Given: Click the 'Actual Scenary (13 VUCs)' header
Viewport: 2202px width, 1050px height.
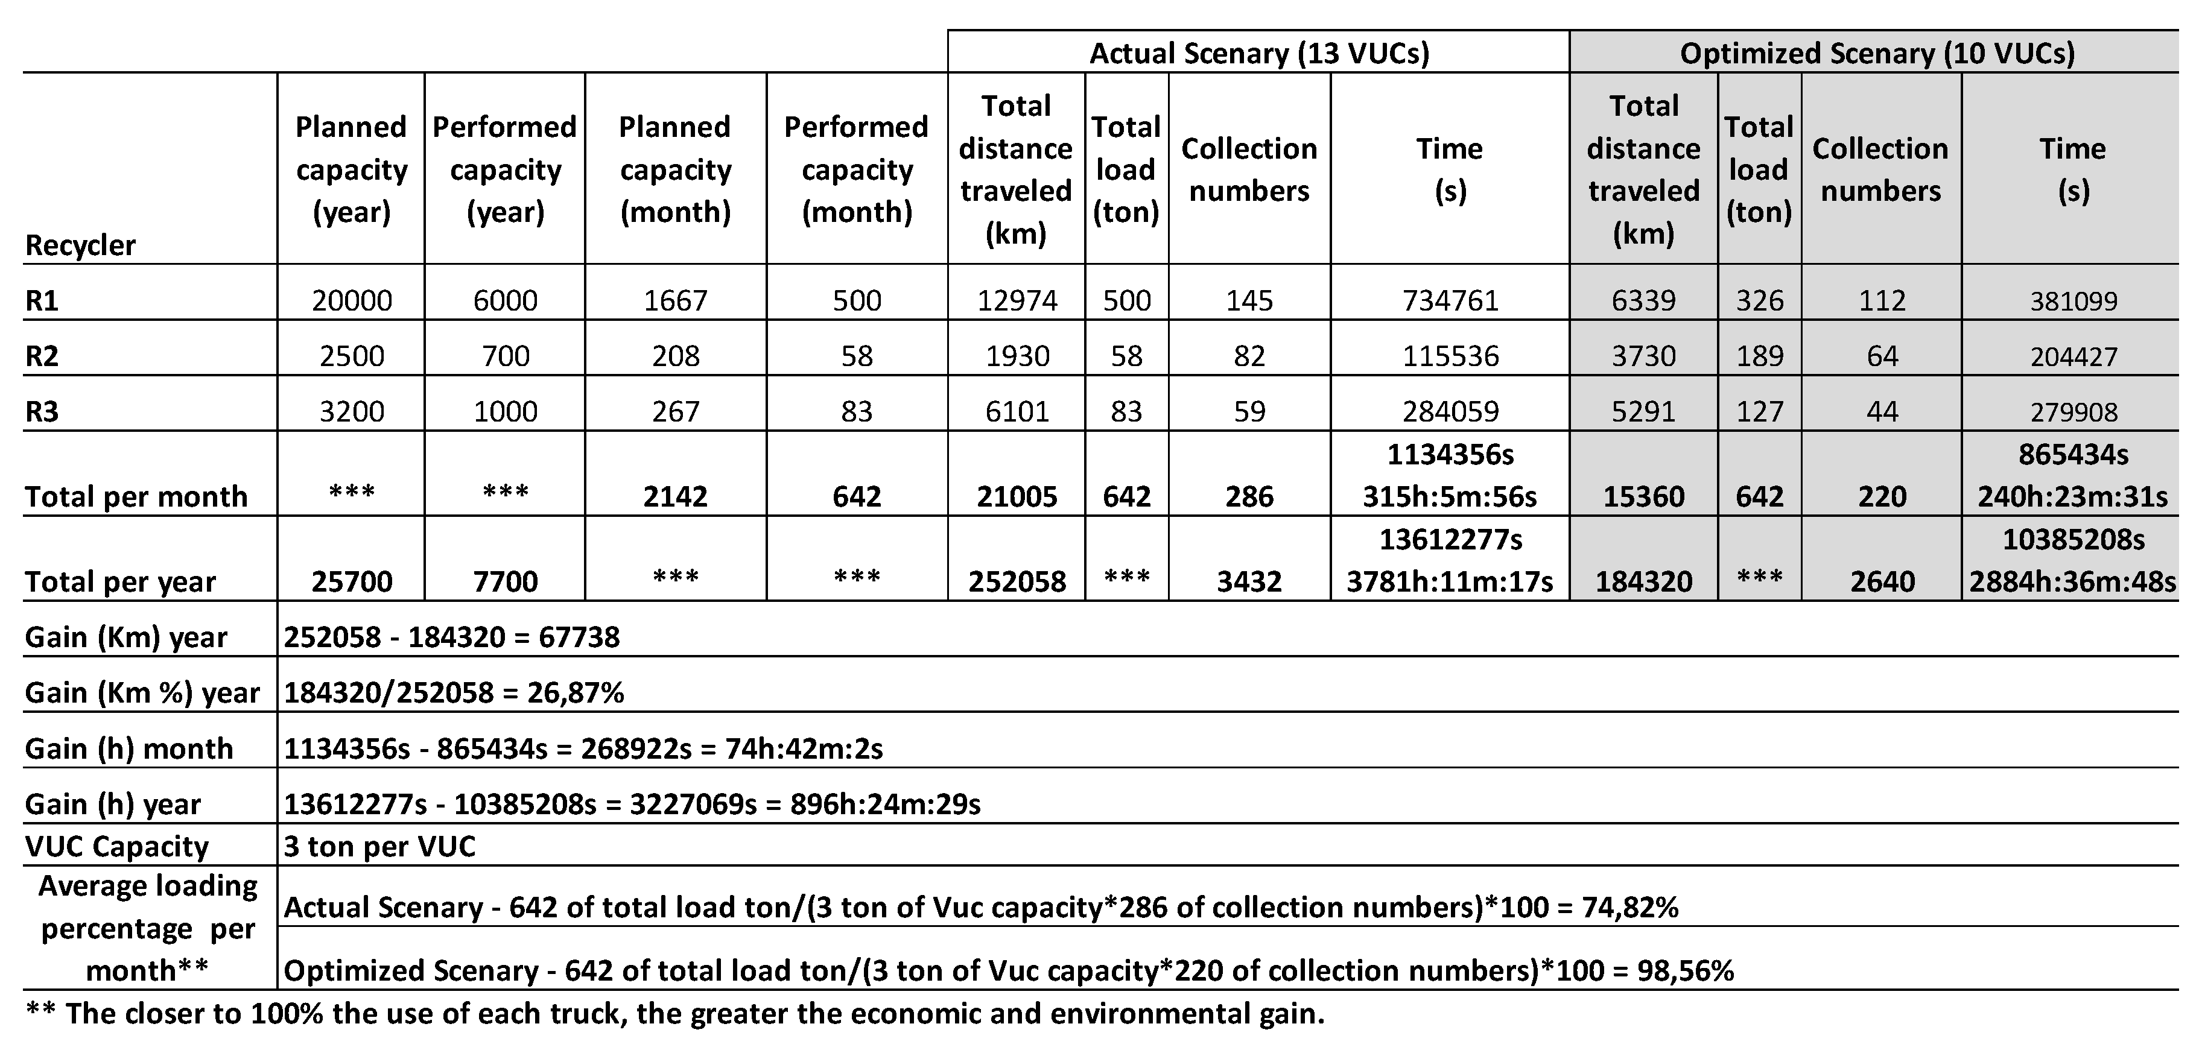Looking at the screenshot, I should point(1258,53).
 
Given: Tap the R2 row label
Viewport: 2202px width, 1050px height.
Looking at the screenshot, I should point(42,355).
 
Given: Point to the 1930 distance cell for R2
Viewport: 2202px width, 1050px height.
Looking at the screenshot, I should point(1017,355).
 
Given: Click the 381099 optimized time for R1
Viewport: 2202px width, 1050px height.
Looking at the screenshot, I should point(2073,302).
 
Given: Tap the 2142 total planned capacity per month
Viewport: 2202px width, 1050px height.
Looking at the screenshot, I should point(675,496).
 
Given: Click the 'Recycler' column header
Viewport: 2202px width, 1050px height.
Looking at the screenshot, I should point(80,246).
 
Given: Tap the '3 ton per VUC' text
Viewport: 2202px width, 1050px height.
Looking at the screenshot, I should point(379,846).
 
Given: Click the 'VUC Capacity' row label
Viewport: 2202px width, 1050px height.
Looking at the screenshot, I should point(116,846).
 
